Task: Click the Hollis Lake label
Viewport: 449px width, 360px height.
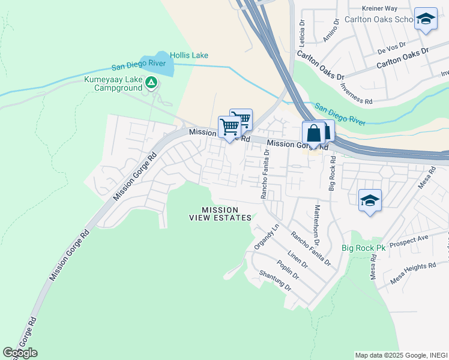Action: [188, 55]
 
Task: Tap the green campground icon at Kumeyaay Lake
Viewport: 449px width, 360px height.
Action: [151, 83]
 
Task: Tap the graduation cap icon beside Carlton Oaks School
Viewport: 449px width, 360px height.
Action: [426, 20]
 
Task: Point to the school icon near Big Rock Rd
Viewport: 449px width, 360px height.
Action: [370, 202]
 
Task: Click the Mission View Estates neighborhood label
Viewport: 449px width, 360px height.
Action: [226, 214]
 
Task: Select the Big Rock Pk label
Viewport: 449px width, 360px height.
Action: [363, 248]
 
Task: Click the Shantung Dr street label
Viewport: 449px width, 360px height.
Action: [275, 280]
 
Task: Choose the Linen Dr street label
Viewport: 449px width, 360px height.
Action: [297, 260]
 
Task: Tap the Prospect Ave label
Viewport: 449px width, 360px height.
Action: [409, 241]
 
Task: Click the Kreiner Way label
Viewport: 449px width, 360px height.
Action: [380, 8]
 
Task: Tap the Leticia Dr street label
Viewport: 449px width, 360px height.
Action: [303, 32]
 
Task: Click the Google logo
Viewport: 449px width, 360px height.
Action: [20, 353]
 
